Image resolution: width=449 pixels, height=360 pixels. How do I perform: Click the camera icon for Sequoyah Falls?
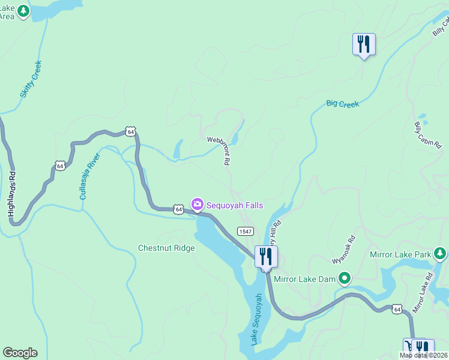[x=197, y=205]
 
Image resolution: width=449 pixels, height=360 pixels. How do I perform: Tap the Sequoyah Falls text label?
[x=235, y=205]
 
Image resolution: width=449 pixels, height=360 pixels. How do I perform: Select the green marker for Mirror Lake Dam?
[x=345, y=278]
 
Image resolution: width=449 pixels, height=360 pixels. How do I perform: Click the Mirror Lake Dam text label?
[x=305, y=278]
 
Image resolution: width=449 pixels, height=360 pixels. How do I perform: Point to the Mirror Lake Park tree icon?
[x=441, y=254]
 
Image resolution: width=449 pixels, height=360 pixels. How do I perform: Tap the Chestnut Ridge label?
[x=166, y=248]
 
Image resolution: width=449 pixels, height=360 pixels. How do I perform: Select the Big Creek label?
[x=342, y=104]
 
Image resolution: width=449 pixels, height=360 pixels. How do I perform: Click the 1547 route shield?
[x=245, y=231]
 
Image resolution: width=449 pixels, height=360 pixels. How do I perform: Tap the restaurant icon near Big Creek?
[x=364, y=44]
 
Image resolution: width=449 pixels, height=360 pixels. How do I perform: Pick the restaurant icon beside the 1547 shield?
[x=265, y=256]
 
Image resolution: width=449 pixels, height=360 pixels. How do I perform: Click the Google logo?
[x=20, y=353]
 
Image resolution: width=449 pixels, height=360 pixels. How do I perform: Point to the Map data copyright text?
[x=423, y=355]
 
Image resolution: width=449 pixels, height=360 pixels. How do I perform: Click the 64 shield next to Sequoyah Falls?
[x=178, y=209]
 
